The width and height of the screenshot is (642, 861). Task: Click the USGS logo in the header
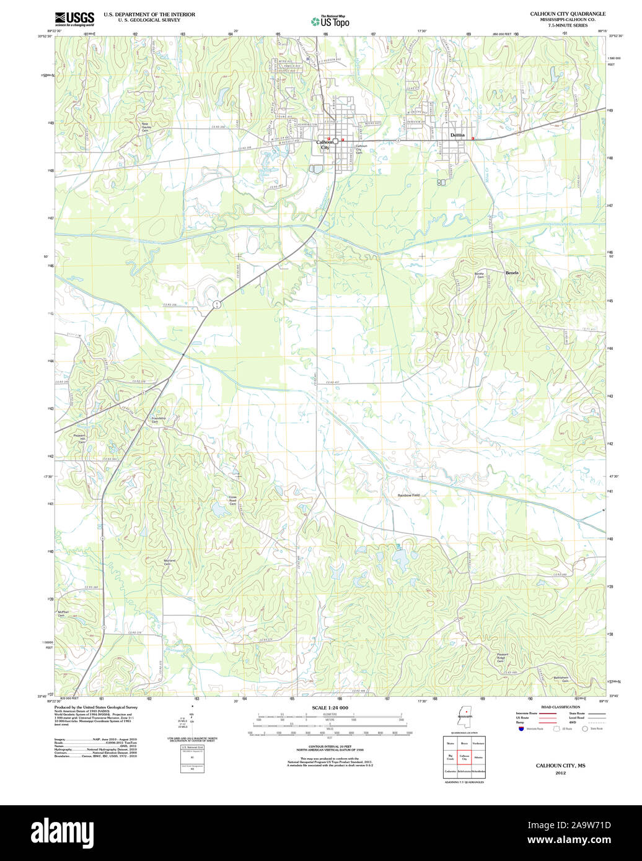(74, 17)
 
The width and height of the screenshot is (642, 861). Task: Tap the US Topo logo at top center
(330, 21)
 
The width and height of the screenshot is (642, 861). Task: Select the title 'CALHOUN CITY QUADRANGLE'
(568, 14)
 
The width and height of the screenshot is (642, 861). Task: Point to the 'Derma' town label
(457, 135)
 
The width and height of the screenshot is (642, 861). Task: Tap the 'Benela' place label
(512, 273)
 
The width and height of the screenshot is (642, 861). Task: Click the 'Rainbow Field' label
(408, 495)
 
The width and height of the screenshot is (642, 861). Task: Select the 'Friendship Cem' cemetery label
(159, 420)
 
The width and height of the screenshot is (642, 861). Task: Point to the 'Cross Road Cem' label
(233, 500)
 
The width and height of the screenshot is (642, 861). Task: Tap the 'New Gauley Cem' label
(146, 127)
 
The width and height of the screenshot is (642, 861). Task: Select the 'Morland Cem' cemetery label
(169, 562)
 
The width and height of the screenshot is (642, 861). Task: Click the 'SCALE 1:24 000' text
(330, 707)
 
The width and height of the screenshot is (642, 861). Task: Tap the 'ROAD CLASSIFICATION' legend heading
(560, 707)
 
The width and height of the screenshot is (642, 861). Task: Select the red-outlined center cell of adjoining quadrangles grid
(464, 757)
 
